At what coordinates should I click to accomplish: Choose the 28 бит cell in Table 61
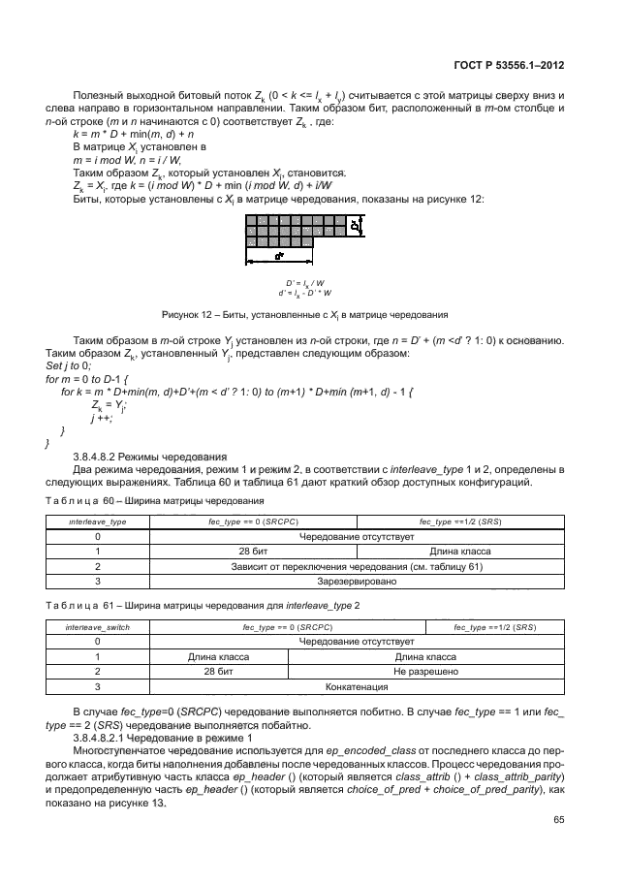218,671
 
